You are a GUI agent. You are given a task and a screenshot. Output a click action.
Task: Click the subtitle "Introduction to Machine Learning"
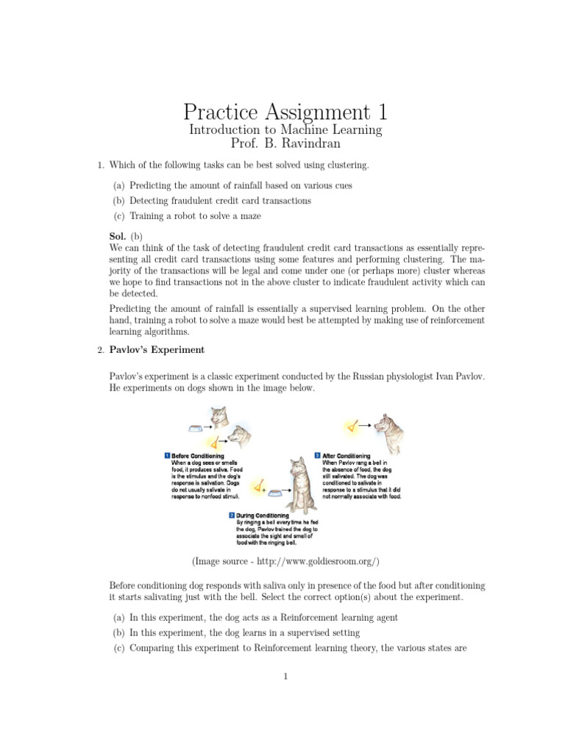click(x=285, y=129)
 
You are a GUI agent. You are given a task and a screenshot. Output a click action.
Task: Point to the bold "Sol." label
click(x=117, y=236)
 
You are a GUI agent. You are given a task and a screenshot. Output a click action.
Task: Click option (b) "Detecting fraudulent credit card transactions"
click(x=220, y=200)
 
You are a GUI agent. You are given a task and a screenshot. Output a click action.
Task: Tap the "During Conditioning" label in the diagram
click(x=263, y=515)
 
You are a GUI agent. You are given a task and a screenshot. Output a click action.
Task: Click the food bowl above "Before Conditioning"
click(x=196, y=427)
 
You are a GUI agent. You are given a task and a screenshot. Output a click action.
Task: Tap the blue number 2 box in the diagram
click(x=232, y=515)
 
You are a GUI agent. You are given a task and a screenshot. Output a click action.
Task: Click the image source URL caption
click(x=285, y=561)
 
